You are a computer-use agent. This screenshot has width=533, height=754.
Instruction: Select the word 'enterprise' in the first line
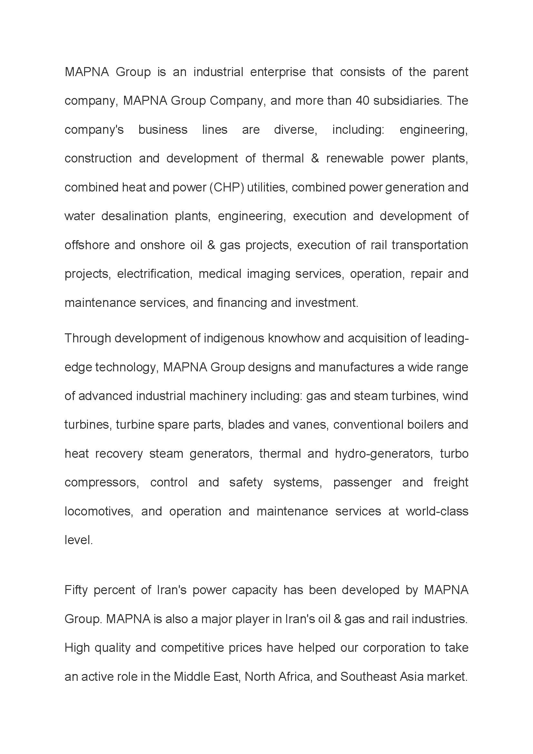(x=278, y=72)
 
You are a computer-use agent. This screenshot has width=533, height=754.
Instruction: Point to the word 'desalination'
(x=135, y=216)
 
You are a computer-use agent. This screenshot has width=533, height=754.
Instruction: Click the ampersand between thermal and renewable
(x=315, y=158)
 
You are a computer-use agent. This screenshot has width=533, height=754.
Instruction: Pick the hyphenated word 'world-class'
(x=437, y=511)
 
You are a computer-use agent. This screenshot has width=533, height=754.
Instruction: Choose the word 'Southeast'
(x=368, y=677)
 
